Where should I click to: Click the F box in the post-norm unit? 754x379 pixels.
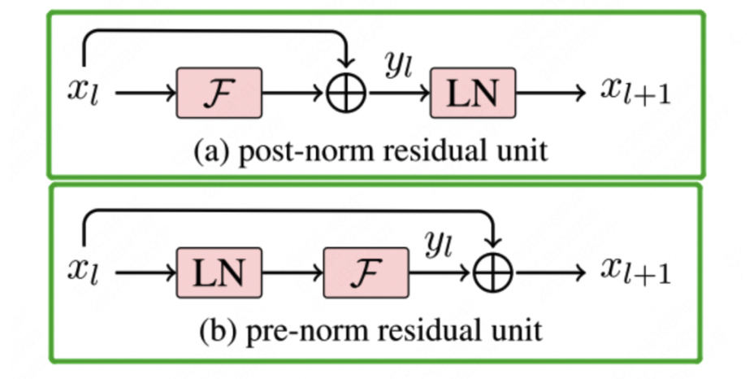[x=219, y=93]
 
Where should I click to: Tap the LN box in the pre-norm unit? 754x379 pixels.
[x=219, y=272]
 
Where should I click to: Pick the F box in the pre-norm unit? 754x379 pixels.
[x=366, y=272]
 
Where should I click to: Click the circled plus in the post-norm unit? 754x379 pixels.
[x=347, y=94]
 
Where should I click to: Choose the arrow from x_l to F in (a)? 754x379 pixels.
[x=145, y=94]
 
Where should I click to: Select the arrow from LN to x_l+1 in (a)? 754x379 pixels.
[x=550, y=94]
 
